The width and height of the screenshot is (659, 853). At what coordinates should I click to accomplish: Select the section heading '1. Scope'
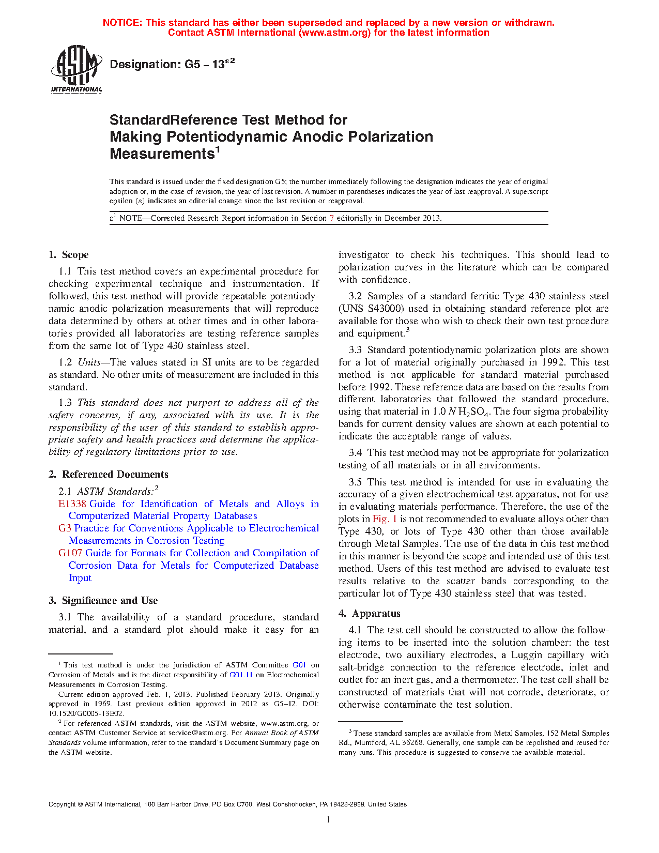tap(68, 255)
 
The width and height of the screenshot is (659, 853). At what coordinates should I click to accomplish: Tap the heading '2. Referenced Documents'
tap(109, 475)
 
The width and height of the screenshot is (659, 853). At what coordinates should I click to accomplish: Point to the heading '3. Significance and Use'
tap(103, 601)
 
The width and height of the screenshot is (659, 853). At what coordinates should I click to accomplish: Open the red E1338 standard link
tap(72, 504)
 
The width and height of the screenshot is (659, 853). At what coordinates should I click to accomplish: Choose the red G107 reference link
tap(70, 553)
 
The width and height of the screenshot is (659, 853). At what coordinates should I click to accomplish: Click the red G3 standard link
tap(65, 528)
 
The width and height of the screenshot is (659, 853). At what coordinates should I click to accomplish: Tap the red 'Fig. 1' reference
tap(385, 519)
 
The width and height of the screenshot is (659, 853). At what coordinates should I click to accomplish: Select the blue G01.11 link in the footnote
tap(241, 675)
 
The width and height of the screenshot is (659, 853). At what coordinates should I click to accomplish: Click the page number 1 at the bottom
tap(329, 819)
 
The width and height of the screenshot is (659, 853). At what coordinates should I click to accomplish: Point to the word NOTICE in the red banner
tap(122, 23)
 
